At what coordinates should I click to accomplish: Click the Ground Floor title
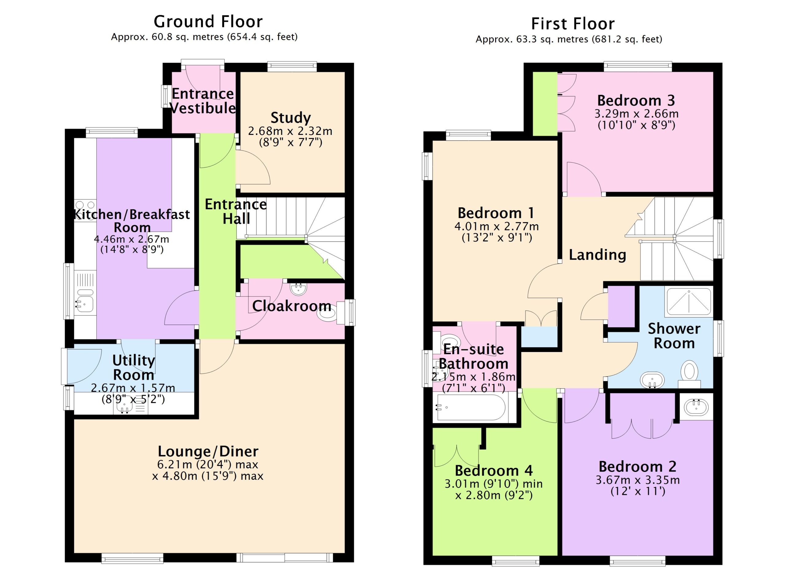208,22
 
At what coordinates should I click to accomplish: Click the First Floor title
573,24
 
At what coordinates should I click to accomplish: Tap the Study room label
290,118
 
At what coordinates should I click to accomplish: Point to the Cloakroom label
291,306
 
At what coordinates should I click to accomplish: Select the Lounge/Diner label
208,451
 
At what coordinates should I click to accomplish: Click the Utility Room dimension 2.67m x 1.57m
133,388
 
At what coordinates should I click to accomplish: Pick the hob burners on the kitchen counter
85,210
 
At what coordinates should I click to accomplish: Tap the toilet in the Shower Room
689,374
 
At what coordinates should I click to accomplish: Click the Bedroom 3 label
636,100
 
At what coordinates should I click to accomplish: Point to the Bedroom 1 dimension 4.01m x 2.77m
496,226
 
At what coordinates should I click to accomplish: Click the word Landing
598,255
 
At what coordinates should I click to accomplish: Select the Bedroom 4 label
493,470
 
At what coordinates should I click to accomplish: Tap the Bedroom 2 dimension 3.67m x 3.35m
638,480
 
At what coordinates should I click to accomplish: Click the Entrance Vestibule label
203,101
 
